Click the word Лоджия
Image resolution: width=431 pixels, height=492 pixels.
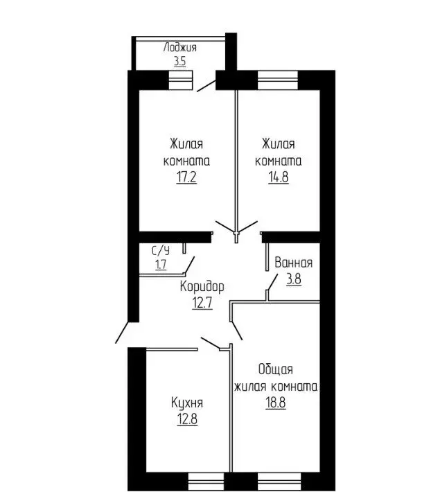pos(180,48)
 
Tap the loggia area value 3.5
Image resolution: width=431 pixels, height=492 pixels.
pos(180,61)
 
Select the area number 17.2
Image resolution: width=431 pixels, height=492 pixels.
pos(186,177)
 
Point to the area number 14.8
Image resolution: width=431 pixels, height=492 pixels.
pos(279,177)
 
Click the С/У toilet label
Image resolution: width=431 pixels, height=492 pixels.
pos(161,250)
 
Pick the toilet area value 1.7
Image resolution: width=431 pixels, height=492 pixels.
pos(161,265)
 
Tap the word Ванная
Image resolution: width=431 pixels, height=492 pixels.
pos(294,263)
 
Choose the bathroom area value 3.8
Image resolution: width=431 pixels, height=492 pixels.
pos(294,279)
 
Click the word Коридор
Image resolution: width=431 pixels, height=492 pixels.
pos(202,286)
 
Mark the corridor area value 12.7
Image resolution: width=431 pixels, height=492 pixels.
pos(202,303)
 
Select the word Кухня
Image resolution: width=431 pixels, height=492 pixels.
pos(187,403)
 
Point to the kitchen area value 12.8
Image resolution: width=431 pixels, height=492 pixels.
pos(187,419)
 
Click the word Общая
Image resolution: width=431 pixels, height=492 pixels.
pos(275,369)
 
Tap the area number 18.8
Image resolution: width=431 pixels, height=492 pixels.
pos(275,403)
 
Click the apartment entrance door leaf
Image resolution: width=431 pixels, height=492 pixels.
pos(122,333)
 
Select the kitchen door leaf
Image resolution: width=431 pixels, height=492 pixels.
pos(211,344)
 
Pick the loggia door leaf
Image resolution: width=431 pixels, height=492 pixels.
pos(206,86)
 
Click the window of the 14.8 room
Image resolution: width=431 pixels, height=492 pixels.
pos(278,80)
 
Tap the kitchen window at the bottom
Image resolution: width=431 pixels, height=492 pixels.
pos(206,482)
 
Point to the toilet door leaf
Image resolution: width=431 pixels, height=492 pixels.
pos(189,265)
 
